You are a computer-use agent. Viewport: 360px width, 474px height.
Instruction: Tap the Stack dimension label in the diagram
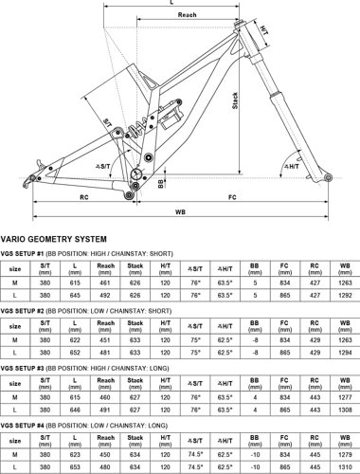(x=234, y=103)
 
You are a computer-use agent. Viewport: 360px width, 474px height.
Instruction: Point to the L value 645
(x=75, y=295)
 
